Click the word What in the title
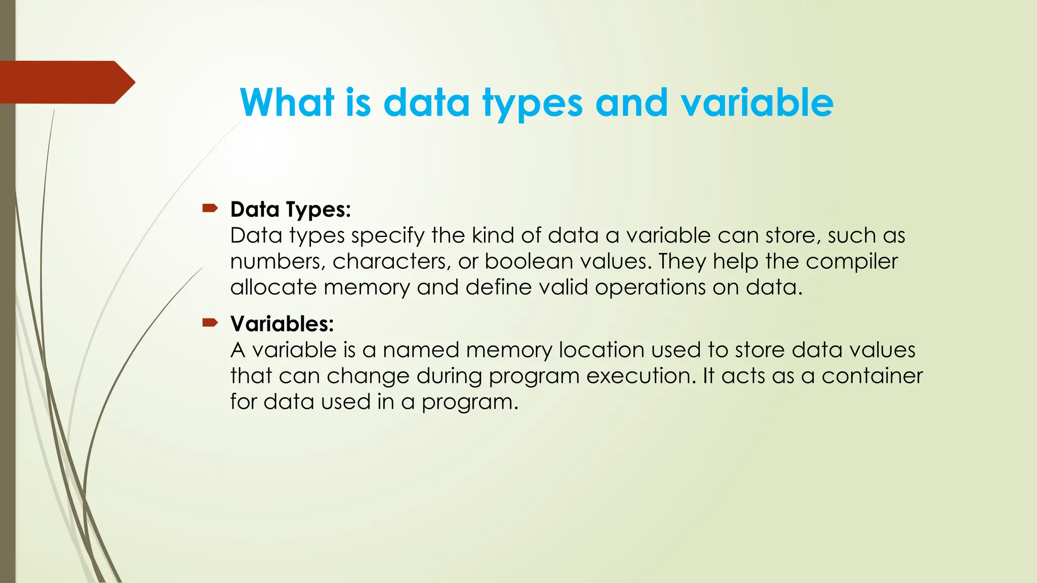[287, 103]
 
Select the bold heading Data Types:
[290, 210]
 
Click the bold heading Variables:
[282, 324]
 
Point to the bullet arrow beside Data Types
[210, 208]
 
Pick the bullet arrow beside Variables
[210, 322]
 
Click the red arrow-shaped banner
[66, 82]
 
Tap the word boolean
[529, 262]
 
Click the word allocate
[273, 287]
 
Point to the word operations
[650, 287]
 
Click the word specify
[387, 236]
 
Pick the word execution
[642, 376]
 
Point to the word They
[683, 262]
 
